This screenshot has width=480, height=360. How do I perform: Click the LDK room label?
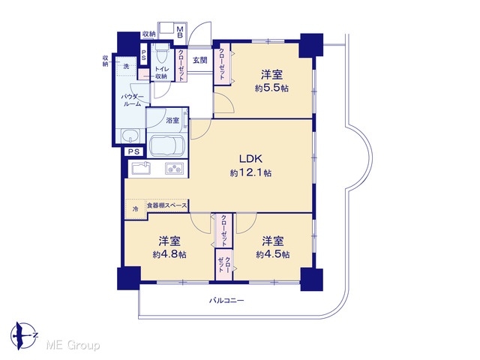tap(250, 158)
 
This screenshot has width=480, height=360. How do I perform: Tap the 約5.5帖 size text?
tap(271, 88)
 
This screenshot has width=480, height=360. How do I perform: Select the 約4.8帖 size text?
tap(169, 254)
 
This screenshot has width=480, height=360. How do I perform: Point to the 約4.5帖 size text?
tap(272, 254)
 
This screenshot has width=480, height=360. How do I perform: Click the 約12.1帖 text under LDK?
tap(250, 173)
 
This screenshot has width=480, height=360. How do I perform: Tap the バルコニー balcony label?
tap(226, 301)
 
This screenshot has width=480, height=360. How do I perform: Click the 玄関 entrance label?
tap(200, 60)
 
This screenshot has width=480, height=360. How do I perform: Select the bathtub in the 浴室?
tap(167, 146)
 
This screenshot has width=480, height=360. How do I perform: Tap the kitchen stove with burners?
tap(175, 169)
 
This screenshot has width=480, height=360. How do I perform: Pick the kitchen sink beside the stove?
tap(141, 168)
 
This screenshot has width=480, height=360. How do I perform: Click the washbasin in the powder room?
tap(130, 136)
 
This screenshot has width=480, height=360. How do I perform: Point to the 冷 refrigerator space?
tap(135, 209)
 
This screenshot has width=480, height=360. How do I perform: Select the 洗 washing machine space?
tap(126, 67)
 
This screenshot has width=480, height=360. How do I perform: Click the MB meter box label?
tap(180, 32)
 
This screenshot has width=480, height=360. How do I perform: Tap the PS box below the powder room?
tap(133, 151)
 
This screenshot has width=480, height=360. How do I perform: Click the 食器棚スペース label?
tap(166, 205)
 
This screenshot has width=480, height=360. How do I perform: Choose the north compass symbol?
tap(23, 336)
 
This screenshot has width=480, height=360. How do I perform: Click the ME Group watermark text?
tap(73, 346)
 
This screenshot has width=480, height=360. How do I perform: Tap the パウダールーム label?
tap(132, 100)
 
